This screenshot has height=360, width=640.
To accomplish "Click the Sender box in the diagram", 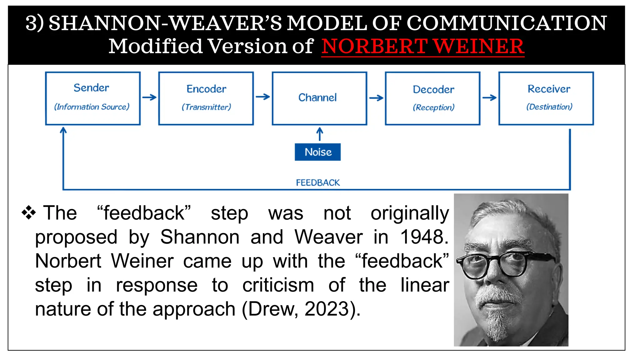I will (93, 98).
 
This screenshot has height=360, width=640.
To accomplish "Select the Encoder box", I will (206, 98).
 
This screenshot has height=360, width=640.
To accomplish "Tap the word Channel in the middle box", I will (317, 98).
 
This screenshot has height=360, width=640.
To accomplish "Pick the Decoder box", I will (433, 98).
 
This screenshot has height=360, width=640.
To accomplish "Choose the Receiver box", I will (546, 98).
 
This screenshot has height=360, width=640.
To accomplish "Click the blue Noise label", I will (318, 152).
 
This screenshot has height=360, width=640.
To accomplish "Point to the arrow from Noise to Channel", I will (319, 134).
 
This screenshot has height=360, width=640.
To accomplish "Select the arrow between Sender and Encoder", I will (149, 97).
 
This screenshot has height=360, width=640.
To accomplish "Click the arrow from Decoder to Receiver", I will (489, 98).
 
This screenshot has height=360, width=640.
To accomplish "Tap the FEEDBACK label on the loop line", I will (318, 182).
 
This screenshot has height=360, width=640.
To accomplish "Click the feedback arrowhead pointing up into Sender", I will (63, 131).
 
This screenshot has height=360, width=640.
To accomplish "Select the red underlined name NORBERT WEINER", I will (422, 47).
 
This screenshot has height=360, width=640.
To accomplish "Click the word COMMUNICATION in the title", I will (507, 23).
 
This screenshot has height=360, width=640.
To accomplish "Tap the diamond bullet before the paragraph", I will (29, 213).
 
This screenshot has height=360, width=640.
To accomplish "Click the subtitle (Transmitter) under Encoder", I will (206, 107).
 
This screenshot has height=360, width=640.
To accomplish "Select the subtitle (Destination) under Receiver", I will (549, 107).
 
